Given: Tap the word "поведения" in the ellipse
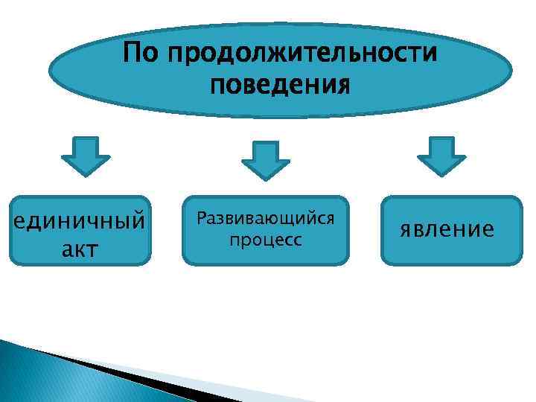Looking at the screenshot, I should [280, 86].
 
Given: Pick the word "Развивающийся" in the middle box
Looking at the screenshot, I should [265, 220].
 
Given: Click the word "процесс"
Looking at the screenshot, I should [266, 240].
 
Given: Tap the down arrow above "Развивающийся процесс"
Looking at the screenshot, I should [265, 159].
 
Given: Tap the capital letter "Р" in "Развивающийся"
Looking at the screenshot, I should [202, 220].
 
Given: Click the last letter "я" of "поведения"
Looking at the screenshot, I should [343, 86].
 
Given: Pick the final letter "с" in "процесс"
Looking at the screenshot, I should [298, 241].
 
